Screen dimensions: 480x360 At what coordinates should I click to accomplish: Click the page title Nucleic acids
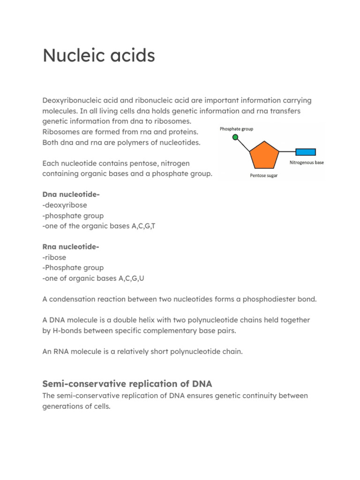pos(98,56)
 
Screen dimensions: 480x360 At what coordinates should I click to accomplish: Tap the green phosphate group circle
pos(235,137)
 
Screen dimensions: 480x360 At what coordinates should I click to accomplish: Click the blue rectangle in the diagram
pos(305,152)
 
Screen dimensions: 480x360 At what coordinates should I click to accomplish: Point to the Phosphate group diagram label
pos(237,128)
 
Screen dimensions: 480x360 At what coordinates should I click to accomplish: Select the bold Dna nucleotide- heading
pos(70,195)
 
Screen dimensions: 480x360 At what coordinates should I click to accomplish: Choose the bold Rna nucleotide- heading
pos(70,247)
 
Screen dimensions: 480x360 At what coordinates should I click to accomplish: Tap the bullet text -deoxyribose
pos(64,205)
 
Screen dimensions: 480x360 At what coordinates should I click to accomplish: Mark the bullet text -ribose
pos(54,257)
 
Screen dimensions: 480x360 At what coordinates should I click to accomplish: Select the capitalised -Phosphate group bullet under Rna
pos(73,268)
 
